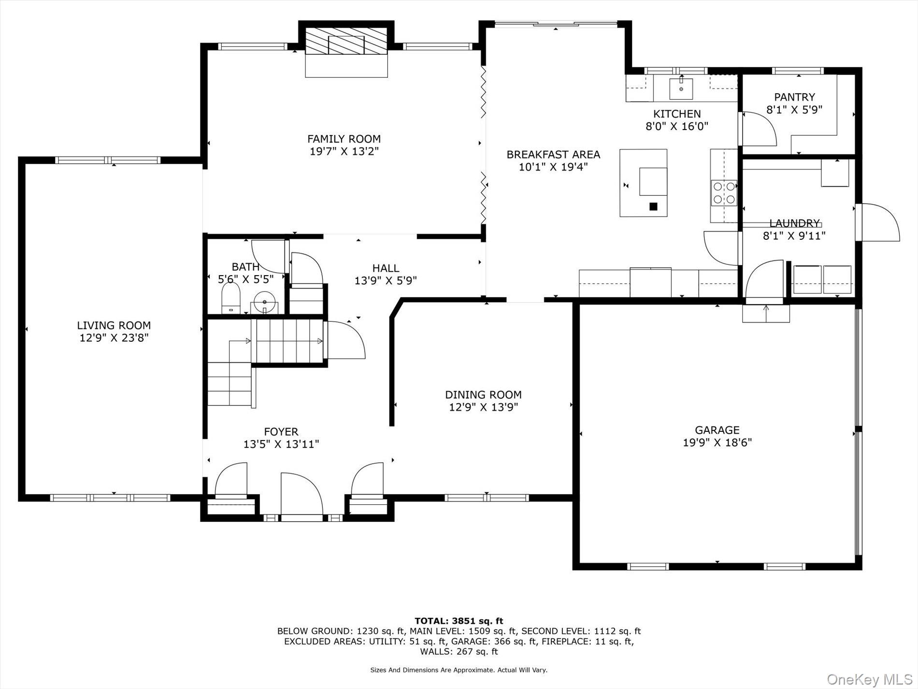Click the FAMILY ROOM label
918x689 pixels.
pyautogui.click(x=344, y=139)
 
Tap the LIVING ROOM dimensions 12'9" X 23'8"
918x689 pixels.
pyautogui.click(x=114, y=337)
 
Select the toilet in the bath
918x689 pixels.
pyautogui.click(x=231, y=298)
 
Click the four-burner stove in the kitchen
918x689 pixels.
pyautogui.click(x=724, y=192)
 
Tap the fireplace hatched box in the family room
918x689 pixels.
pyautogui.click(x=346, y=41)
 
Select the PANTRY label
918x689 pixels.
pyautogui.click(x=794, y=97)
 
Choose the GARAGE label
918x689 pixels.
pyautogui.click(x=717, y=430)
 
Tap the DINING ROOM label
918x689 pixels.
pyautogui.click(x=483, y=395)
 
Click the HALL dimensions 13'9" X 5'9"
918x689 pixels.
pyautogui.click(x=386, y=280)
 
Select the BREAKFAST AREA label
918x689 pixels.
pyautogui.click(x=553, y=155)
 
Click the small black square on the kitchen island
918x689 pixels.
pyautogui.click(x=654, y=206)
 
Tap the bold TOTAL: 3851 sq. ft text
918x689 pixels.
pyautogui.click(x=459, y=621)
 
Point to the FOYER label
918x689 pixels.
pyautogui.click(x=281, y=432)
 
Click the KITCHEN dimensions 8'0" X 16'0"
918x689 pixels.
pyautogui.click(x=677, y=127)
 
